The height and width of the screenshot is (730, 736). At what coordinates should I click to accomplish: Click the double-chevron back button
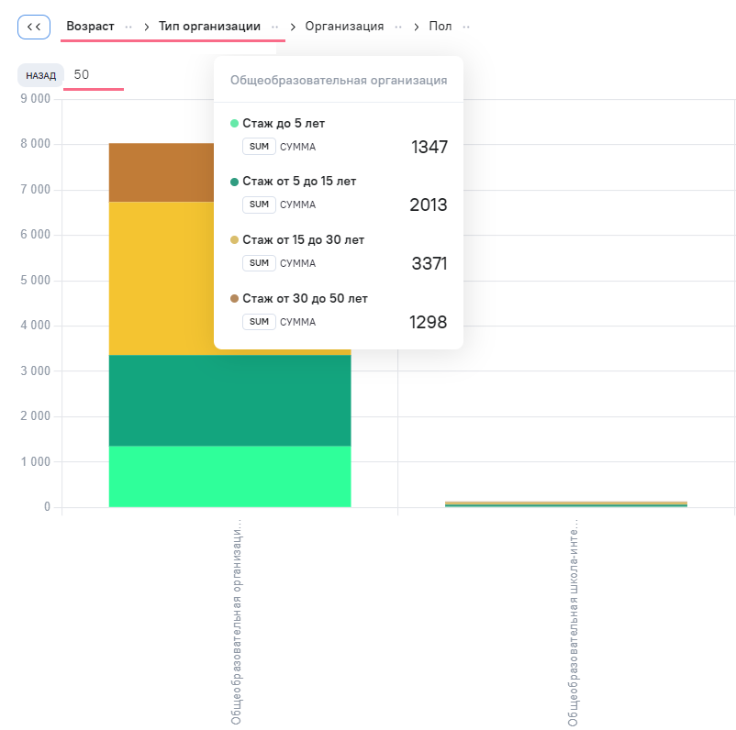34,27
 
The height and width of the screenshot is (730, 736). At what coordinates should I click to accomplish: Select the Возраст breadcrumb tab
90,27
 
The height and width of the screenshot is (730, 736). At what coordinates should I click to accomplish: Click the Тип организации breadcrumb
209,27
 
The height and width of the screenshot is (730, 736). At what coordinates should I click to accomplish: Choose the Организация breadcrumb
344,27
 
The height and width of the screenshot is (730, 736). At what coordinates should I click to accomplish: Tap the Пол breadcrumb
440,27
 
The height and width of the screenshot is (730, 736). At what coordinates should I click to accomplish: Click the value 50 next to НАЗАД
81,74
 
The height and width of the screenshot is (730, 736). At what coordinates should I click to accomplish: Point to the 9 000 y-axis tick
35,98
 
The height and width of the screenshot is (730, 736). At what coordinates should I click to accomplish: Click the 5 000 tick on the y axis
35,280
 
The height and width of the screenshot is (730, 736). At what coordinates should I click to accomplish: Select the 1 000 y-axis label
35,461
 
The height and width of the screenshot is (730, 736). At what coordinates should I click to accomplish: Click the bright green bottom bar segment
230,476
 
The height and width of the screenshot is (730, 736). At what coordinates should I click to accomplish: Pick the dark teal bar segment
230,400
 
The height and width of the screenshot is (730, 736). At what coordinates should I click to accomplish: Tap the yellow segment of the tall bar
161,278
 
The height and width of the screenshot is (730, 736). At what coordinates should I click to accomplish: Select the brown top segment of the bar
161,172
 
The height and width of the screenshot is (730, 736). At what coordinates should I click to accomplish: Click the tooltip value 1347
429,147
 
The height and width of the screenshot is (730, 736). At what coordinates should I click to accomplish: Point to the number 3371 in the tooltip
429,264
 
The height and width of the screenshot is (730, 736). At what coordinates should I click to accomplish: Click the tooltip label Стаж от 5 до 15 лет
299,181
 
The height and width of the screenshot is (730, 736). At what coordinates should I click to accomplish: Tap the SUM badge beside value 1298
259,322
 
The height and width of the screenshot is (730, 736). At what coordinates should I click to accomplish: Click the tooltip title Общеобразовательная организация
339,80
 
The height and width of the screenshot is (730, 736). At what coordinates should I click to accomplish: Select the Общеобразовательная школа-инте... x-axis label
573,623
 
